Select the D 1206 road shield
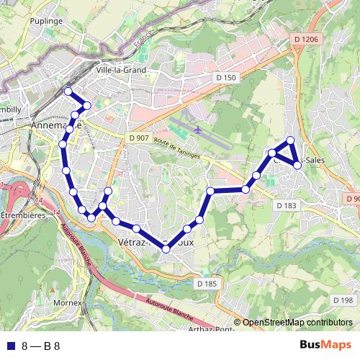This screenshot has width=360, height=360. coord(305,39)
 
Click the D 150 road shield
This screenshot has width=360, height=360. coord(225,77)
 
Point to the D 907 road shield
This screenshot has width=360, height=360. coord(138,138)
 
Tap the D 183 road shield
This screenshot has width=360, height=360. coord(286,205)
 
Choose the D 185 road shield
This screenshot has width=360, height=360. coord(206,284)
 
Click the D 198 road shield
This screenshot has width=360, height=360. coord(343,300)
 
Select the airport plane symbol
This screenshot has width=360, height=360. coord(197,130)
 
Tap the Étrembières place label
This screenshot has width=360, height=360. coord(23,215)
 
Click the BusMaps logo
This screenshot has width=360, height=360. coord(320,345)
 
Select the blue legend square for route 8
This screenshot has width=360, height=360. coord(10,346)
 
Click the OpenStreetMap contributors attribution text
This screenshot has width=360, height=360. coord(297,323)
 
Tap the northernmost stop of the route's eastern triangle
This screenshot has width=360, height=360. coord(290,140)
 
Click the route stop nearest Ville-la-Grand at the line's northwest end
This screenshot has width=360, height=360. coord(68,91)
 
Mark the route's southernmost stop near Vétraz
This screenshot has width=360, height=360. coord(166,249)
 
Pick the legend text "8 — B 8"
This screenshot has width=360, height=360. coord(41,346)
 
